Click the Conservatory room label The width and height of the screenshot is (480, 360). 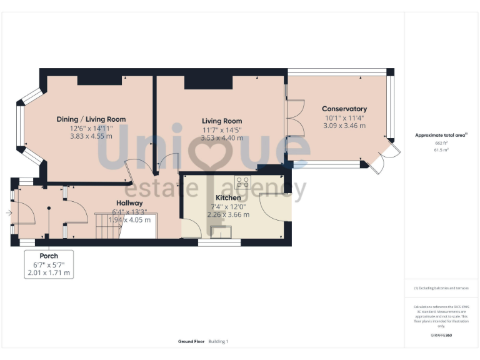(344, 109)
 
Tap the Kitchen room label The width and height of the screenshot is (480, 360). (228, 197)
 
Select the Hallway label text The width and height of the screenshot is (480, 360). (129, 203)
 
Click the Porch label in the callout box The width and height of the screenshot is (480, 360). (49, 256)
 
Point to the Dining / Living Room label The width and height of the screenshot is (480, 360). (91, 119)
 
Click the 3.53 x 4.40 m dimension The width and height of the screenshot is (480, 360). (222, 137)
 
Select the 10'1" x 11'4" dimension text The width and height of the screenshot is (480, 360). (344, 117)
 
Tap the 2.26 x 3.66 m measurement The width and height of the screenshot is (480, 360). (228, 214)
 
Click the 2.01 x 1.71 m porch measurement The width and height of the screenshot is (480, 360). (49, 273)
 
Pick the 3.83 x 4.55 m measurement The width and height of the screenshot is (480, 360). (91, 136)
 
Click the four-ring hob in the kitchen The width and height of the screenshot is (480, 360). (242, 182)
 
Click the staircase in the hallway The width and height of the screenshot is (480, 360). (107, 226)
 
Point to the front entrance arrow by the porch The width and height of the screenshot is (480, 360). (7, 213)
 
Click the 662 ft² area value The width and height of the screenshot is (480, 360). (441, 142)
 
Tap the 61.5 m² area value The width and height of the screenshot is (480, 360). (441, 150)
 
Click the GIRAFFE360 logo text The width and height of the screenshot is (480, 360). (441, 336)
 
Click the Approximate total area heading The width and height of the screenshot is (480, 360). (441, 135)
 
